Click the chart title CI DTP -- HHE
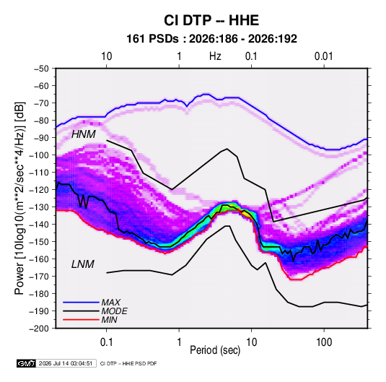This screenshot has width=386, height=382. point(211,20)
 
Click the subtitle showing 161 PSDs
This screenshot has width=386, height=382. point(211,39)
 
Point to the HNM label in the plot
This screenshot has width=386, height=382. point(84,134)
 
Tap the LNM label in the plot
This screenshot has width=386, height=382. point(83,264)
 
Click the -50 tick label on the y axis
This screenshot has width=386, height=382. point(41,69)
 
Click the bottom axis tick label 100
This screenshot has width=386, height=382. point(324,342)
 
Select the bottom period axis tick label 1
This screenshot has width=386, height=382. point(179,342)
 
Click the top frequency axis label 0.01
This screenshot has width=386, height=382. point(324,56)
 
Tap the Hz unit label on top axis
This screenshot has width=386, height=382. point(215,56)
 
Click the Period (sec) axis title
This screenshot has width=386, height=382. point(215,350)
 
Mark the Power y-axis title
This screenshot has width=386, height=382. point(19,199)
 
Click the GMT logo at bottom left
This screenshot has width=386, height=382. point(26,363)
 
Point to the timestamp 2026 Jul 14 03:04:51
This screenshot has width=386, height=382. point(66,363)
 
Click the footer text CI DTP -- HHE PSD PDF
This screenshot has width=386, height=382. point(128,363)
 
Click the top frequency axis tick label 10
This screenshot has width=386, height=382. point(107,56)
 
